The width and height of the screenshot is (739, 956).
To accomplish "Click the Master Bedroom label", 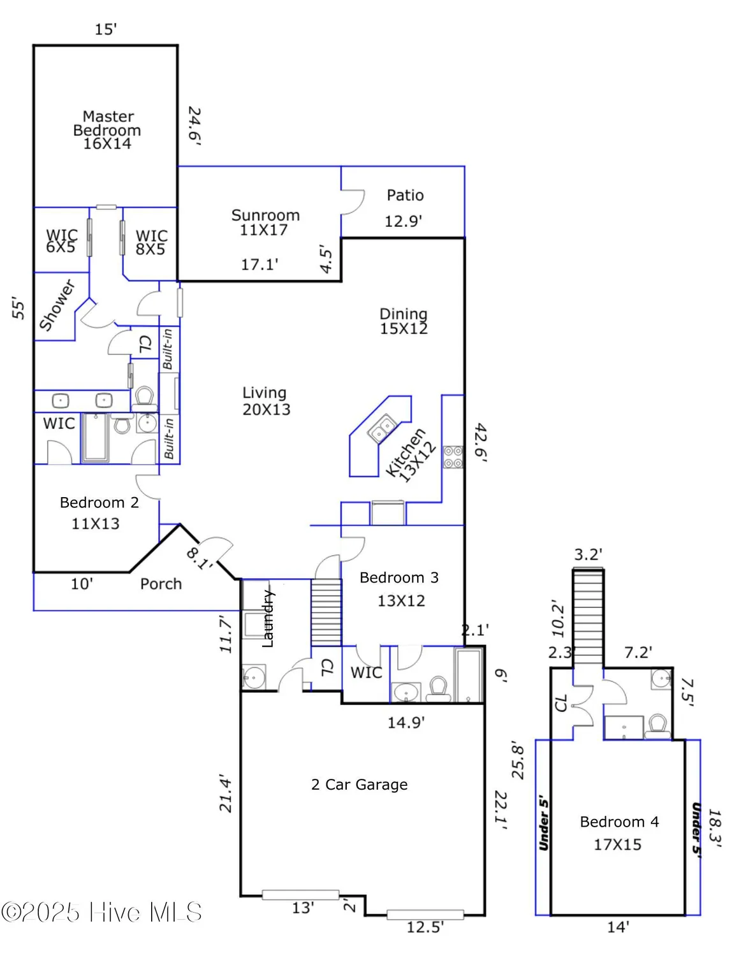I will (106, 129).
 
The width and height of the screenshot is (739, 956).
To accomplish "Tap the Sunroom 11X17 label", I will (265, 222).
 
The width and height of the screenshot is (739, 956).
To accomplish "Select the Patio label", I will (405, 195).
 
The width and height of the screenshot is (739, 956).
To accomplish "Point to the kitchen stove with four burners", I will (453, 457).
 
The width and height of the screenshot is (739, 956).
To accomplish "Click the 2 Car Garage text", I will (359, 785).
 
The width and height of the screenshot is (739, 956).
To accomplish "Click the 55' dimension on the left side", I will (19, 308).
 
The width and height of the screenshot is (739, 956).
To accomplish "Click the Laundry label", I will (268, 618).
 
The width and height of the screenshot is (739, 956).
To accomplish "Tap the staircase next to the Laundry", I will (326, 612).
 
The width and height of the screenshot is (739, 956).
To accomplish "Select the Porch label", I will (161, 584).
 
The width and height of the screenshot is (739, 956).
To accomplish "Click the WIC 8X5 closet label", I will (151, 243).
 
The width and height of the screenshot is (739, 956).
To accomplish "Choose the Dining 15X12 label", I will (404, 321).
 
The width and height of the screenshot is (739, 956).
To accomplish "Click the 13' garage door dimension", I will (302, 908).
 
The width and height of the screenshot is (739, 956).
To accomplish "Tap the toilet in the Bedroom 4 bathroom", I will (657, 725).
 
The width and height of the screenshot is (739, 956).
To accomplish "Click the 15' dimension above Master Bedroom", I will (106, 29).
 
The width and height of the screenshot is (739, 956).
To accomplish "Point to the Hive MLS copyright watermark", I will (102, 912).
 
